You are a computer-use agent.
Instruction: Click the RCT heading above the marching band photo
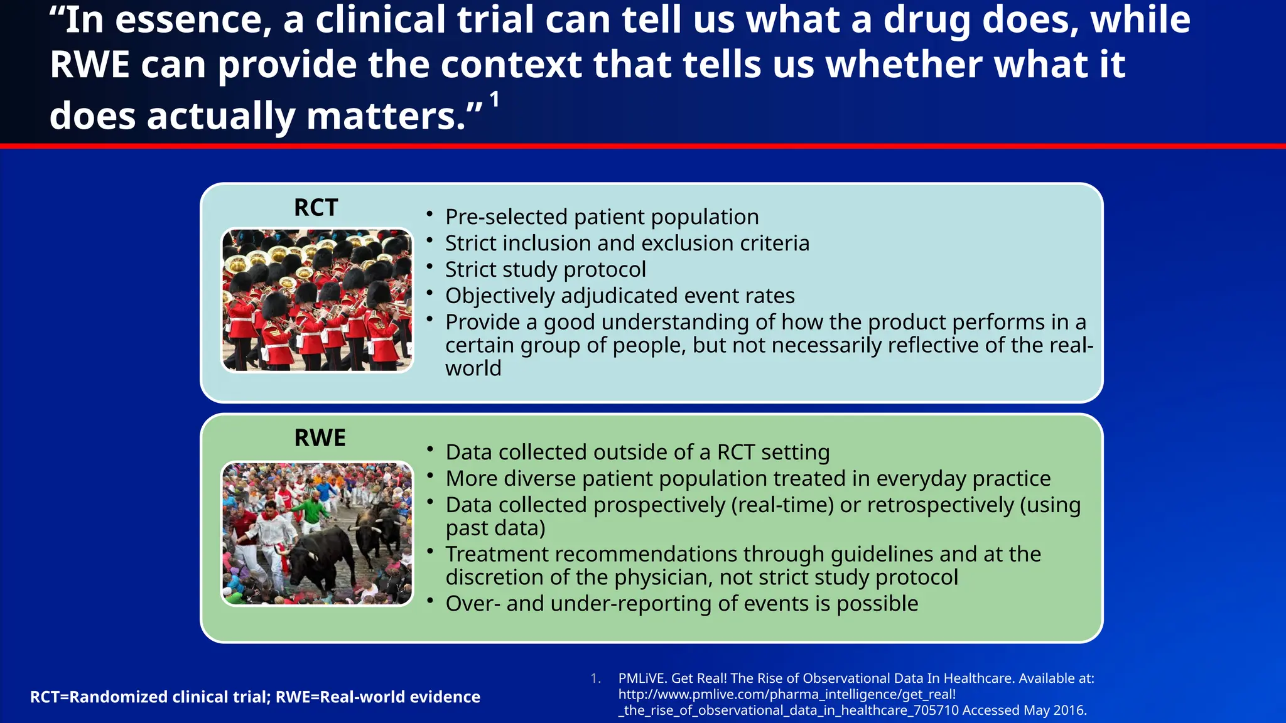point(316,208)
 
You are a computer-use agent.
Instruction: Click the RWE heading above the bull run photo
point(320,438)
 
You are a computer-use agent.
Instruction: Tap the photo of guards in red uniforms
point(318,300)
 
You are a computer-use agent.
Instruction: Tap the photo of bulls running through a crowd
point(318,533)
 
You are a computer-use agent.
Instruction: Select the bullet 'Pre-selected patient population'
point(602,217)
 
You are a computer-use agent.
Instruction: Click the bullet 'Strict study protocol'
point(545,270)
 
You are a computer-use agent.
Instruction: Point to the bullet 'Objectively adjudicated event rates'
point(619,296)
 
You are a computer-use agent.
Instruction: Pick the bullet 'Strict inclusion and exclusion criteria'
point(627,244)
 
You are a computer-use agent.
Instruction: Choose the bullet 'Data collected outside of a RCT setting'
point(637,453)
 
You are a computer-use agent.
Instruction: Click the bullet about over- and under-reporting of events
point(681,604)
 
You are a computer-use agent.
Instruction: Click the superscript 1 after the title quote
point(495,99)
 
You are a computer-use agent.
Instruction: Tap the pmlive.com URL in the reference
point(787,695)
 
